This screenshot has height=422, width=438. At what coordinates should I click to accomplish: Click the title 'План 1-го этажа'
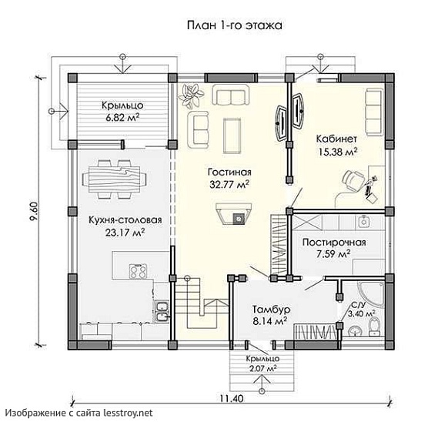pyautogui.click(x=234, y=25)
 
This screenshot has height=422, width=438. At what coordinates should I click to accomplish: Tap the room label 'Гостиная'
pyautogui.click(x=229, y=172)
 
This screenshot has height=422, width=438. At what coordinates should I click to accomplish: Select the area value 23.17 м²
pyautogui.click(x=125, y=233)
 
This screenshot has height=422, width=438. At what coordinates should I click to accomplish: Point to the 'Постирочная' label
pyautogui.click(x=334, y=243)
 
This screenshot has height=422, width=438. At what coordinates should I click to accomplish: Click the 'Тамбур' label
pyautogui.click(x=272, y=310)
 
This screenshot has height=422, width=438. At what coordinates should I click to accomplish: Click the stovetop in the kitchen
pyautogui.click(x=138, y=271)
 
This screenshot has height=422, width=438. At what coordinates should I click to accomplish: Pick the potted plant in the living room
pyautogui.click(x=191, y=97)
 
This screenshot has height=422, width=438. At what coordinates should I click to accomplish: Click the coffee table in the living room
pyautogui.click(x=232, y=136)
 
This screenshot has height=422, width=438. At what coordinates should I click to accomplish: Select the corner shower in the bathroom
pyautogui.click(x=370, y=295)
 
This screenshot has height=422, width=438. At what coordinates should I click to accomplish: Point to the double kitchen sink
pyautogui.click(x=162, y=312)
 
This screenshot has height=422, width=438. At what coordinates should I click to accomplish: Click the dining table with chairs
pyautogui.click(x=114, y=179)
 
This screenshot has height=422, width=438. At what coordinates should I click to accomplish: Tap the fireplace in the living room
pyautogui.click(x=234, y=214)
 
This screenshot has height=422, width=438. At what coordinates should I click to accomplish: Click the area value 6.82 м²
pyautogui.click(x=122, y=117)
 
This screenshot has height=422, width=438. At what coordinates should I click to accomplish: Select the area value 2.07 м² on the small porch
pyautogui.click(x=262, y=369)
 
